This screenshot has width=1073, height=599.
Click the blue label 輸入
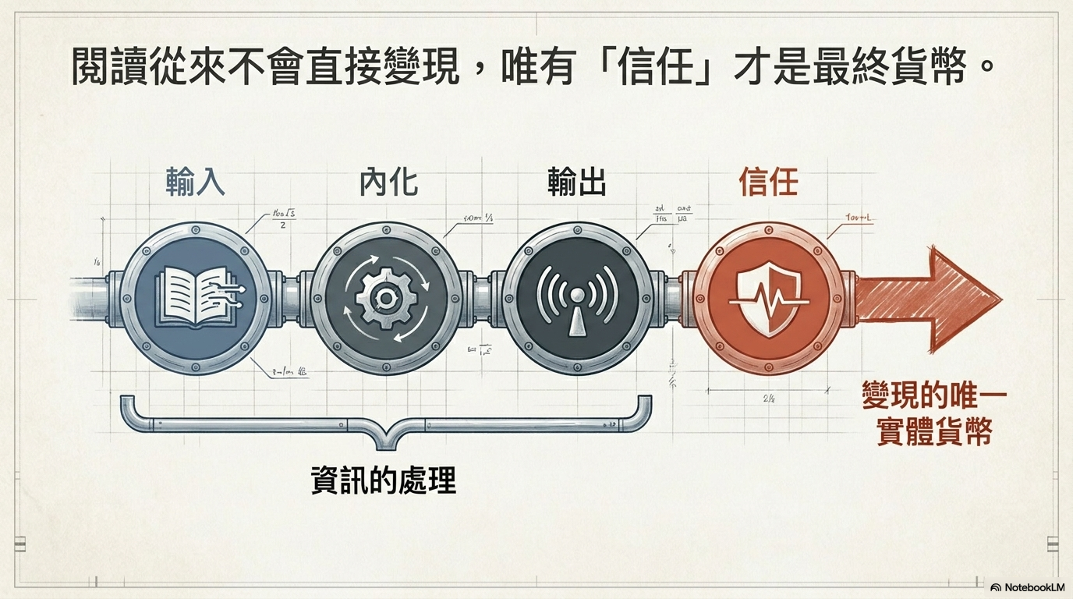tap(195, 183)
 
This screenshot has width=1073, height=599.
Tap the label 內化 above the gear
tap(388, 183)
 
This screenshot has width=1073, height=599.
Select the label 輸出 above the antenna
tap(577, 183)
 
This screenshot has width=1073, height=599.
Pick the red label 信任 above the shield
tap(768, 183)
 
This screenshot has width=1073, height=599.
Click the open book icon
tap(195, 297)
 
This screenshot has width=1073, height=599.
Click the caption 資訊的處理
tap(383, 480)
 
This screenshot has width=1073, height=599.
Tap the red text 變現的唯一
tap(934, 395)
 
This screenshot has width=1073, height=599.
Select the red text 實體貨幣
tap(934, 431)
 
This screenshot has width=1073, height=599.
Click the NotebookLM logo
tap(1028, 587)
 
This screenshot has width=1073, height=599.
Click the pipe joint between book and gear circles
tap(291, 297)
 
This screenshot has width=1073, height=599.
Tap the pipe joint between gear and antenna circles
tap(483, 297)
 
